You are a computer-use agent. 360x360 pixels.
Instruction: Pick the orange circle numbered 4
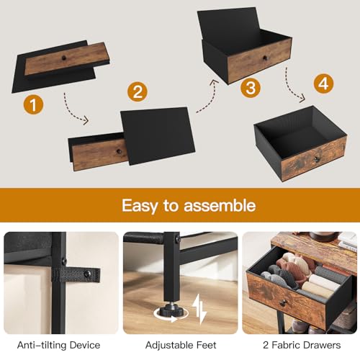coord(325,83)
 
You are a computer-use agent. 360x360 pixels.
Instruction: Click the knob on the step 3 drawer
coord(264,57)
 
